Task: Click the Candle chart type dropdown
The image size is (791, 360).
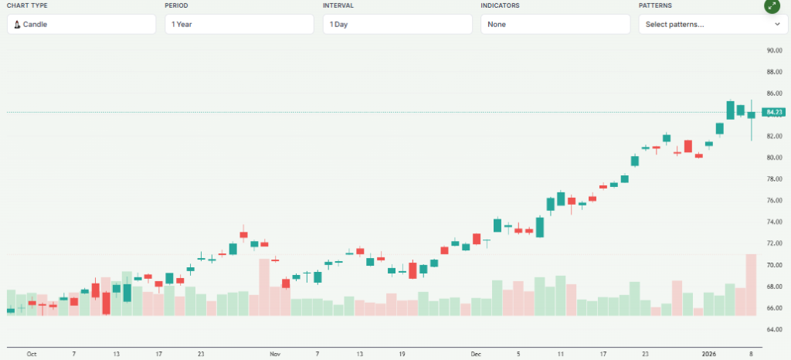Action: tap(81, 24)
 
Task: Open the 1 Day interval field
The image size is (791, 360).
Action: tap(397, 24)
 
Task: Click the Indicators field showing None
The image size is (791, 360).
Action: tap(555, 24)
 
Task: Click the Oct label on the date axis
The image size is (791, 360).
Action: tap(32, 354)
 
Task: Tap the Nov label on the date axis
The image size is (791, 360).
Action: tap(275, 354)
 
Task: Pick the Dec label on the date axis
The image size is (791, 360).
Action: tap(475, 354)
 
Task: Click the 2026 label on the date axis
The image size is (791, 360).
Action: tap(708, 354)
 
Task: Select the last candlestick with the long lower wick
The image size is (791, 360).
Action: tap(751, 116)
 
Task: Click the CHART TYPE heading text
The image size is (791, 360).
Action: tap(27, 5)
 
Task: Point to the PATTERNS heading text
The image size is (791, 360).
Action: tap(656, 5)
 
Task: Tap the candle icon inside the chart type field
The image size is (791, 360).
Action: tap(17, 24)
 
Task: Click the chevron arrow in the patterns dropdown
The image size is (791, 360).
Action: tap(776, 24)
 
